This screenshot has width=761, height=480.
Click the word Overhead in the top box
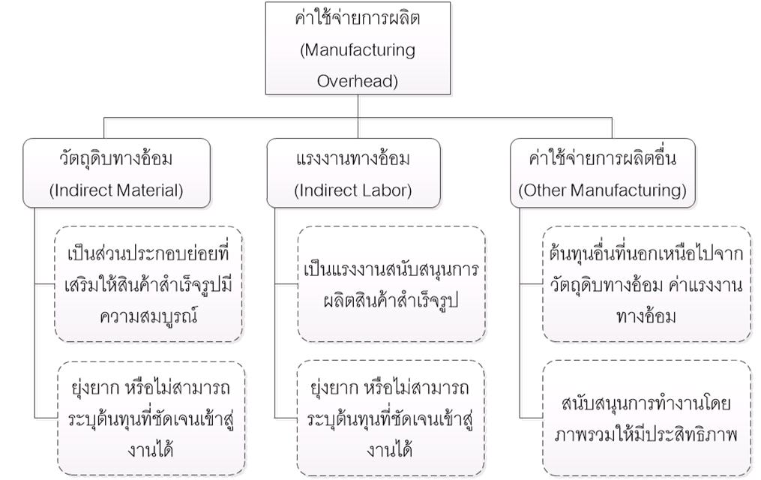pyautogui.click(x=357, y=80)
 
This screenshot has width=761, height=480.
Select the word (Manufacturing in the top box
pyautogui.click(x=358, y=50)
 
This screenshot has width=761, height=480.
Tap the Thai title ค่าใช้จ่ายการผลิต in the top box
pyautogui.click(x=358, y=19)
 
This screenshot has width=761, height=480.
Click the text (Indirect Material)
pyautogui.click(x=116, y=190)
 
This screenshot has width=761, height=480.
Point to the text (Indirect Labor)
pyautogui.click(x=353, y=190)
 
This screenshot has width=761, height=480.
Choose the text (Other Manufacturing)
pyautogui.click(x=602, y=190)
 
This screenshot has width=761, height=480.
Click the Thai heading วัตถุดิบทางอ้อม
pyautogui.click(x=116, y=158)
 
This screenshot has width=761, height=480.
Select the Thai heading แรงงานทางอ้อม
pyautogui.click(x=353, y=158)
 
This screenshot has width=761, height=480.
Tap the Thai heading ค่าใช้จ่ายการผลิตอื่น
pyautogui.click(x=602, y=158)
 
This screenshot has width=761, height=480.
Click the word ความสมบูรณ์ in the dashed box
pyautogui.click(x=148, y=316)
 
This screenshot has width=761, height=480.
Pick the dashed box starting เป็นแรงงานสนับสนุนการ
pyautogui.click(x=391, y=284)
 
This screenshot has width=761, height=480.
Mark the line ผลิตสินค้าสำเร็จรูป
pyautogui.click(x=391, y=301)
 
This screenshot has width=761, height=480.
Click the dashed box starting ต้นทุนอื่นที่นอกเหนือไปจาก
pyautogui.click(x=646, y=284)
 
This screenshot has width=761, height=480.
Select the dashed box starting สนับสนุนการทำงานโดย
pyautogui.click(x=646, y=418)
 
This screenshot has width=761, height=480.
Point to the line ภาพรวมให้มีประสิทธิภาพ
pyautogui.click(x=646, y=434)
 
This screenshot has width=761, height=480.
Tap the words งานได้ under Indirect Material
pyautogui.click(x=151, y=450)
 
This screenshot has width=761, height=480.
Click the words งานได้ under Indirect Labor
pyautogui.click(x=390, y=450)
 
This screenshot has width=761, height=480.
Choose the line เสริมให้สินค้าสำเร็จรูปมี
pyautogui.click(x=148, y=284)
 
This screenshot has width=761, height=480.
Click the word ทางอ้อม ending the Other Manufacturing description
pyautogui.click(x=646, y=316)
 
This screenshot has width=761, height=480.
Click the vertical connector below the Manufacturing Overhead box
pyautogui.click(x=358, y=116)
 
